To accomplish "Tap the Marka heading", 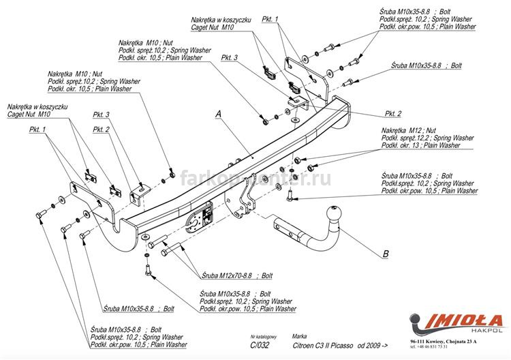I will (299, 337).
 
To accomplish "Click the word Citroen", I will (305, 345).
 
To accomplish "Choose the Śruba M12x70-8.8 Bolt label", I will (226, 276).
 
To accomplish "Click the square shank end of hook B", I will (281, 225).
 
